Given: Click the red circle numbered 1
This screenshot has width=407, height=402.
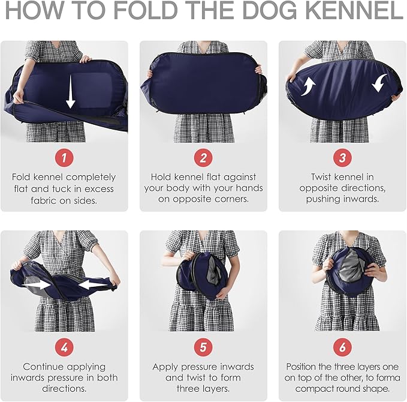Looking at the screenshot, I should pos(64,157).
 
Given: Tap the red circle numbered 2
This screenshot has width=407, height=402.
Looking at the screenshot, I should pos(203,157).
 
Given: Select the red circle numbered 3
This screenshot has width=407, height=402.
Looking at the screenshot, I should pos(342,157).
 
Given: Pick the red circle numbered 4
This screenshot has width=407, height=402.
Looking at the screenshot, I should pos(64,347).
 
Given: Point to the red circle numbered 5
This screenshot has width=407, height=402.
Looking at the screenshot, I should pos(203,347).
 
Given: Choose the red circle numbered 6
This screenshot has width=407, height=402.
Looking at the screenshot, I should pos(342,347).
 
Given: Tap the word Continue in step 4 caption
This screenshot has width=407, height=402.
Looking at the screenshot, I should pos(43,367).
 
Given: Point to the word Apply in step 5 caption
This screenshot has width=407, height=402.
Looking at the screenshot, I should pos(165,367).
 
